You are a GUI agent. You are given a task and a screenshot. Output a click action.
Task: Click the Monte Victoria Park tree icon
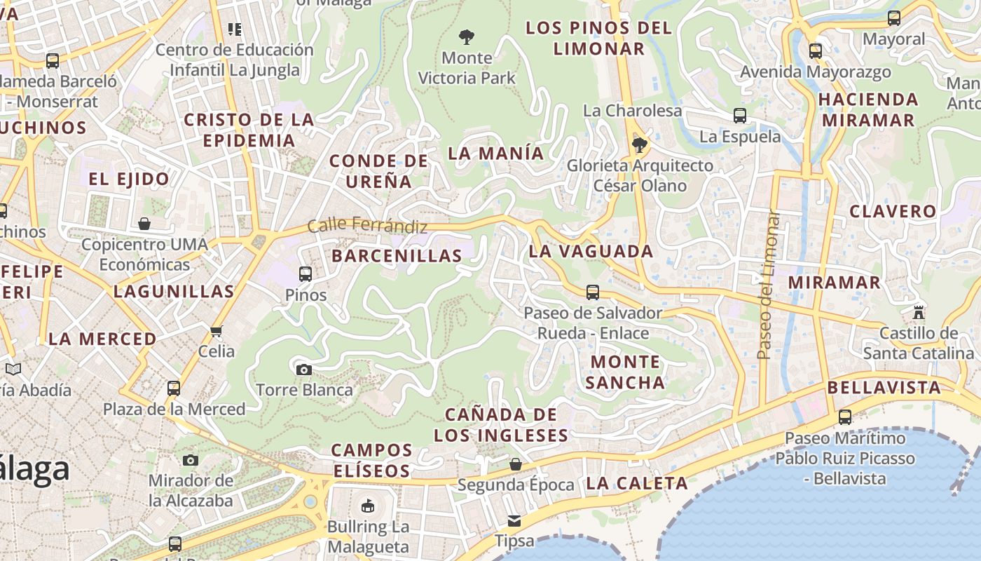coord(467,36)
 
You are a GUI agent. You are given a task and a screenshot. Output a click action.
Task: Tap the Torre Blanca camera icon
coord(303,370)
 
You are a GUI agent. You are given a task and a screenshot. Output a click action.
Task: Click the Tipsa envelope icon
coord(514,520)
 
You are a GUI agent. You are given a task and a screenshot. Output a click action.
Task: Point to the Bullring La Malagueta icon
coord(368,505)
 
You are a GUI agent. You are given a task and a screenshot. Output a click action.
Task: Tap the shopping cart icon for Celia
coord(216,330)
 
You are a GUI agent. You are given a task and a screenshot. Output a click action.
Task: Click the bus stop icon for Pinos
coord(306,273)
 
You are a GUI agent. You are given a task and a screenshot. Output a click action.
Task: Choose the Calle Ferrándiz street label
coord(367,226)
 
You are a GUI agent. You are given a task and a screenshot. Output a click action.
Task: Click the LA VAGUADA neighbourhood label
coord(591,251)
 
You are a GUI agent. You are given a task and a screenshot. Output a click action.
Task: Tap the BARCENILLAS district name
coord(397,256)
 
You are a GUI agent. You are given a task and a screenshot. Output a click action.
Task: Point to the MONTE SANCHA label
coord(625,372)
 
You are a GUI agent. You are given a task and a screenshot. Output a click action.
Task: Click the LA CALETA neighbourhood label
coord(637,483)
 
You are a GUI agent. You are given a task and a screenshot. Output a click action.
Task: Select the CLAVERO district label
coord(893,211)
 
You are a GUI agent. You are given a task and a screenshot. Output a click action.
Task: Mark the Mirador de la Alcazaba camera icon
coord(191,460)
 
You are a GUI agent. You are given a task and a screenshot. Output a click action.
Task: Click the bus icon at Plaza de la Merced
coord(174,388)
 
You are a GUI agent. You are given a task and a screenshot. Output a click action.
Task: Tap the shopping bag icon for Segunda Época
coord(516,464)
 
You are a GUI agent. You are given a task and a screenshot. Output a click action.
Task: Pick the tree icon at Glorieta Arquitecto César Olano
coord(639,145)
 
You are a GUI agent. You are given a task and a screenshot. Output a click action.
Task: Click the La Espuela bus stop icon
coord(740,116)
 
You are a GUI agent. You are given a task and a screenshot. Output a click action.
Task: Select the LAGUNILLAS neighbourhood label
coord(174,292)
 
